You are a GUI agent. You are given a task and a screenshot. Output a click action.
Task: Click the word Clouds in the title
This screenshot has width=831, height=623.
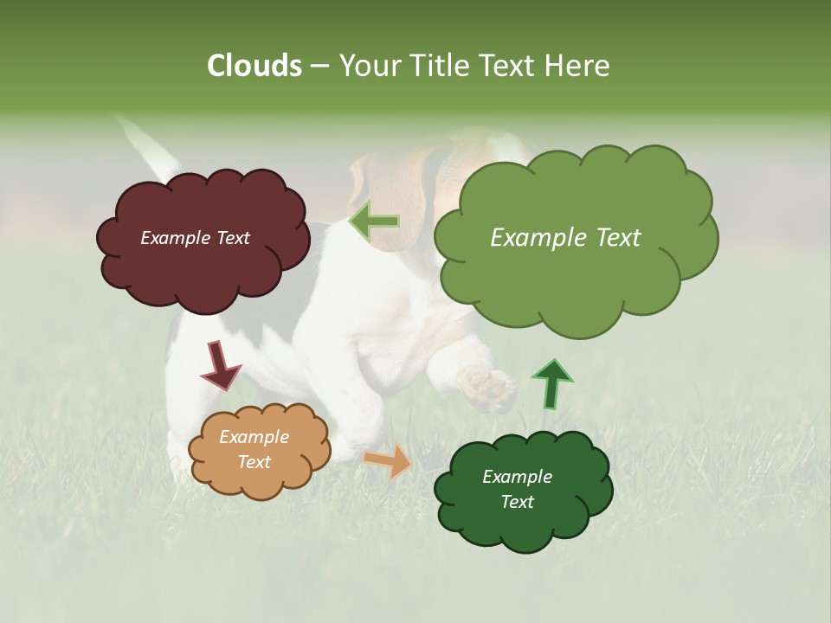click(254, 66)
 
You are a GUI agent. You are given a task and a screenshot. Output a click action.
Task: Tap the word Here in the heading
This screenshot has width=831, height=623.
click(576, 66)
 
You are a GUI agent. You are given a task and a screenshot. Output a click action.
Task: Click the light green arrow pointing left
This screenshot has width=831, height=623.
click(374, 222)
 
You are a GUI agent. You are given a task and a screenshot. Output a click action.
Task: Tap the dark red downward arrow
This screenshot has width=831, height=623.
click(220, 364)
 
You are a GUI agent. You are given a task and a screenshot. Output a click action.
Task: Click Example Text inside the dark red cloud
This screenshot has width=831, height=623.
click(195, 238)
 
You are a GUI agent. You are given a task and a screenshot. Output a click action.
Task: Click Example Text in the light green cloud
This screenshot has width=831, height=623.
click(565, 238)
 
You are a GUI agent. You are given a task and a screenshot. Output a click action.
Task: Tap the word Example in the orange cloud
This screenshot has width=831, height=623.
click(254, 437)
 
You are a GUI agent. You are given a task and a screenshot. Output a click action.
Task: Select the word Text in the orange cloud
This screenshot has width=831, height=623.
click(254, 462)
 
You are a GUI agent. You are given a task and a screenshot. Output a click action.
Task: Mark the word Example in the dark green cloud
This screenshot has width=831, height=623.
click(517, 477)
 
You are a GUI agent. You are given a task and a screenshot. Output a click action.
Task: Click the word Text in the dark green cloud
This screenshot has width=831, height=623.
click(517, 502)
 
